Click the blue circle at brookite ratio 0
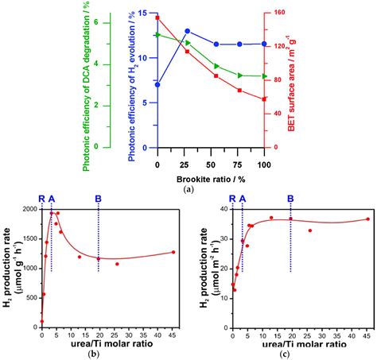pyautogui.click(x=157, y=85)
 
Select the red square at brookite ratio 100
pyautogui.click(x=264, y=99)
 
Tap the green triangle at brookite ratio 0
pyautogui.click(x=158, y=35)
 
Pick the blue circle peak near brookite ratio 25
pyautogui.click(x=188, y=31)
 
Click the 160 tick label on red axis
pyautogui.click(x=279, y=13)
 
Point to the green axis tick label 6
pyautogui.click(x=96, y=22)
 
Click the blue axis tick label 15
pyautogui.click(x=146, y=13)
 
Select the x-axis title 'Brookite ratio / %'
pyautogui.click(x=211, y=180)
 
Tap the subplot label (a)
pyautogui.click(x=188, y=189)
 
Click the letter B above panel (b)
pyautogui.click(x=99, y=199)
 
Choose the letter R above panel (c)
pyautogui.click(x=232, y=199)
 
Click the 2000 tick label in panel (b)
pyautogui.click(x=32, y=209)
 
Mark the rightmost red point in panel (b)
pyautogui.click(x=173, y=252)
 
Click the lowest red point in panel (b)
pyautogui.click(x=42, y=321)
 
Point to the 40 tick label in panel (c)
pyautogui.click(x=225, y=209)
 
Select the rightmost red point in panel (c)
pyautogui.click(x=368, y=219)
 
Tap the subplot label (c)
pyautogui.click(x=285, y=354)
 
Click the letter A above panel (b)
pyautogui.click(x=52, y=199)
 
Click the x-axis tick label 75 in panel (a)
pyautogui.click(x=238, y=165)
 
